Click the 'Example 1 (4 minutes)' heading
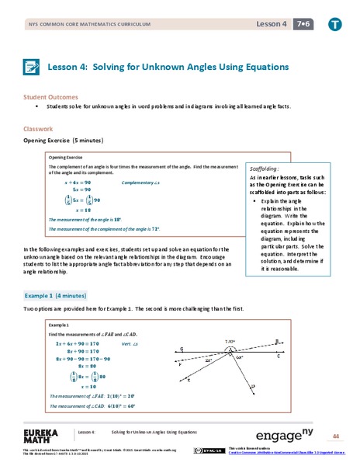point(56,297)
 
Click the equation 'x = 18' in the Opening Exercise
point(81,210)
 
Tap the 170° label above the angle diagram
point(230,340)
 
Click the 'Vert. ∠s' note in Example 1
point(133,343)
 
